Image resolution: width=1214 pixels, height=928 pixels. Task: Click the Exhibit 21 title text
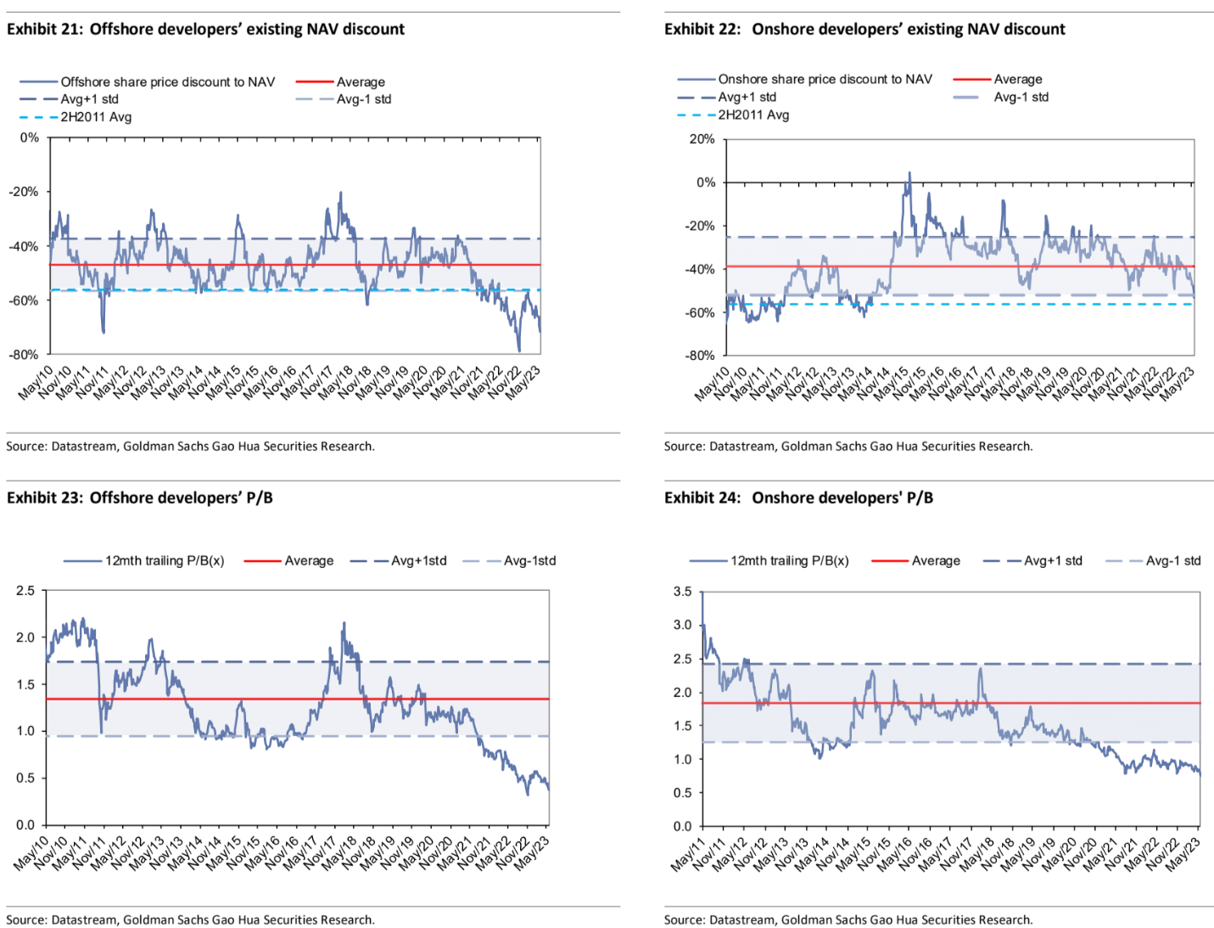[x=205, y=29]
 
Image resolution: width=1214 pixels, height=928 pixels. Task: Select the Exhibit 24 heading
[x=798, y=498]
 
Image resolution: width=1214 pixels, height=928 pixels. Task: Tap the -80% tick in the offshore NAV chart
[x=24, y=355]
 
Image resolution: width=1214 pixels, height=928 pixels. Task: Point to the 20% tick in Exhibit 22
[x=702, y=139]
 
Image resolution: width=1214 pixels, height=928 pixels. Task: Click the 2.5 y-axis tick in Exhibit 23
[x=25, y=591]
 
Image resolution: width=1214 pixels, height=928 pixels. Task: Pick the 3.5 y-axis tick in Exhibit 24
[x=682, y=592]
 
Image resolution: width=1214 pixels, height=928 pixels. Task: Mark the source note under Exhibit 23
[x=190, y=920]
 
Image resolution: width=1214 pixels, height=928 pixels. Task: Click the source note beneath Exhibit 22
[x=848, y=446]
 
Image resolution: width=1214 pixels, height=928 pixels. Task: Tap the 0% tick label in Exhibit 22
[x=705, y=183]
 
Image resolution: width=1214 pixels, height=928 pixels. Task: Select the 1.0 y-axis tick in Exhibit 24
[x=682, y=759]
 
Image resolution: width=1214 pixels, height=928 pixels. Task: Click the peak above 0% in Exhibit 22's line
[x=909, y=173]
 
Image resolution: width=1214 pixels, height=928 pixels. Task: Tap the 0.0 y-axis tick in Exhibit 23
[x=25, y=824]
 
